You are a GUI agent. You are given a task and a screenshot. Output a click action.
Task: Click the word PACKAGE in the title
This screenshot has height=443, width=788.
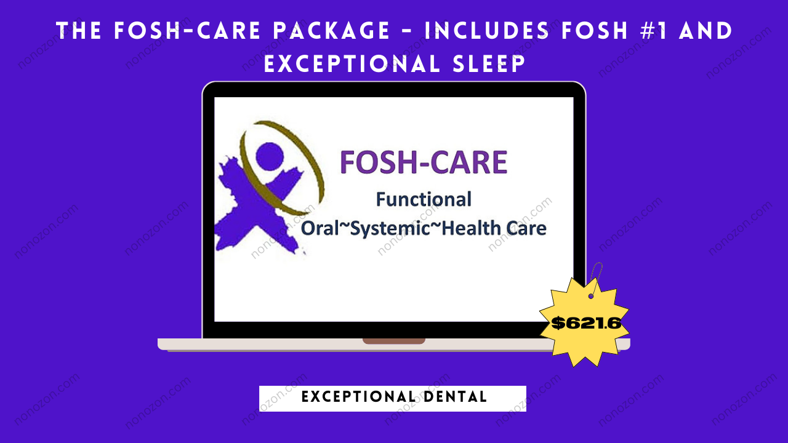332,31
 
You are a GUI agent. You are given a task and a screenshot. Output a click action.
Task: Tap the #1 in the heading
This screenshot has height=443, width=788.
651,31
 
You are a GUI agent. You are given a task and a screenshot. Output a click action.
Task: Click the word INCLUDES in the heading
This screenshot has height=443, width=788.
486,31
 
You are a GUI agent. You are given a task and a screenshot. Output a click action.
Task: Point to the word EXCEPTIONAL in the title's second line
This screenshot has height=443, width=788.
352,63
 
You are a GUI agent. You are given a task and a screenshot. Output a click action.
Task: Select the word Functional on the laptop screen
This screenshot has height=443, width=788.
424,199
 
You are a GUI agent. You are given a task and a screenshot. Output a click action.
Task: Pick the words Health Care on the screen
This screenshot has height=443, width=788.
494,228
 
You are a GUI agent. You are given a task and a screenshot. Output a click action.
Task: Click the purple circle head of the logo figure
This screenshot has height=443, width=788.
270,156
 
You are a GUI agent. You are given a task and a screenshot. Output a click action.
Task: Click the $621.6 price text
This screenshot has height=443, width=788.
586,323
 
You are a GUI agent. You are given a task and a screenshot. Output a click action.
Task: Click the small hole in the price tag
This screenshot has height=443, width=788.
591,297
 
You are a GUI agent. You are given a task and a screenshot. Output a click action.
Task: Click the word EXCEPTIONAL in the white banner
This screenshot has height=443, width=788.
359,397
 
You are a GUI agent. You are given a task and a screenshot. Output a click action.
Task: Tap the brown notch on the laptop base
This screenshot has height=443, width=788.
394,341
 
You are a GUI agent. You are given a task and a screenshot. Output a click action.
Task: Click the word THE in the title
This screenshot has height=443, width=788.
79,31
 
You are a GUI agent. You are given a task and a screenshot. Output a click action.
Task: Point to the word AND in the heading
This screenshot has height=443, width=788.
706,31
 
